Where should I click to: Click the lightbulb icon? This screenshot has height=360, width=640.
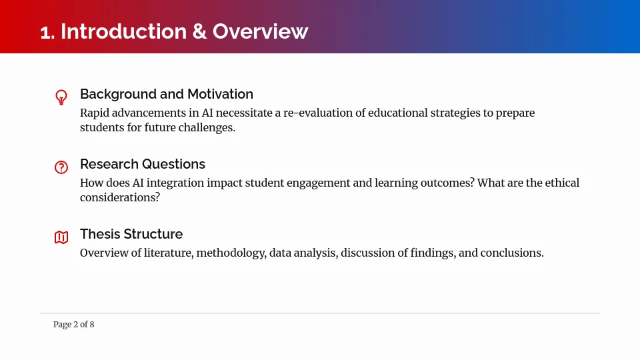click(x=61, y=97)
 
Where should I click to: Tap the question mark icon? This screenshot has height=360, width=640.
click(x=61, y=167)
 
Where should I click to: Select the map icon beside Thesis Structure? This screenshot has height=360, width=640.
click(x=61, y=237)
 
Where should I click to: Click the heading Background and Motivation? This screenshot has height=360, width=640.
click(x=167, y=94)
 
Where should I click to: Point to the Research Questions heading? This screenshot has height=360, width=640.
click(x=143, y=164)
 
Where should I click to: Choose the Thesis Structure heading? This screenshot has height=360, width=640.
click(x=131, y=234)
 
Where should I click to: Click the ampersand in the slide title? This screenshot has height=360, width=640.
click(x=199, y=31)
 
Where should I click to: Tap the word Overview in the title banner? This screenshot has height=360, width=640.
click(x=261, y=31)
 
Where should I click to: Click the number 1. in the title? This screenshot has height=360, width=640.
click(x=47, y=32)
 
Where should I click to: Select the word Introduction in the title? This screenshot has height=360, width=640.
click(x=124, y=31)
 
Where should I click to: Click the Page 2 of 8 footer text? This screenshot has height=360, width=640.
click(x=74, y=325)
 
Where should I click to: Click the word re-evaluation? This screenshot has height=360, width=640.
click(x=317, y=113)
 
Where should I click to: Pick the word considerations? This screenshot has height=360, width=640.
click(x=120, y=197)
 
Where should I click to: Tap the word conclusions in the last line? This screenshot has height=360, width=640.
click(x=512, y=253)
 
